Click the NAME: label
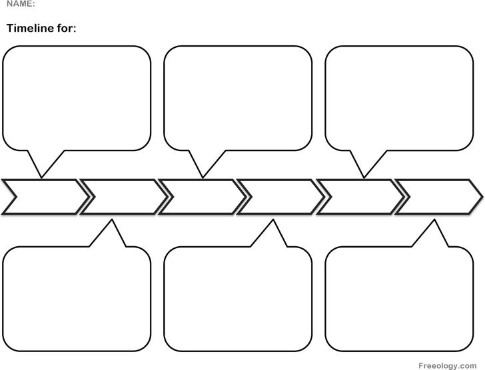(21, 4)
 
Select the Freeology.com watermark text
(447, 366)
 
